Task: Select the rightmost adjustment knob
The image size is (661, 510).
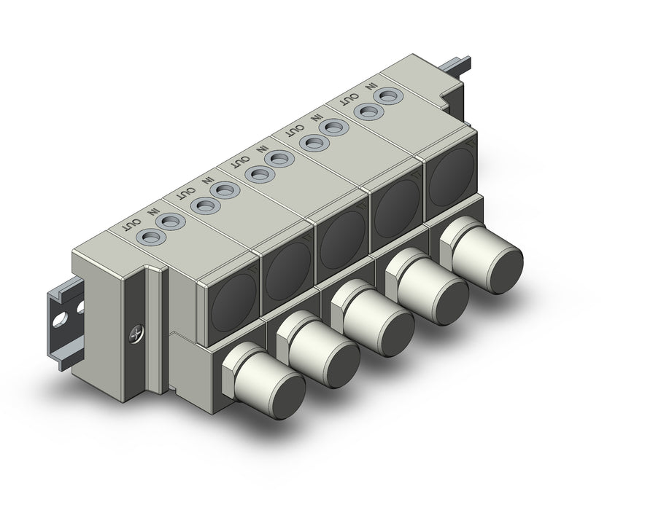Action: pos(481,251)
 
